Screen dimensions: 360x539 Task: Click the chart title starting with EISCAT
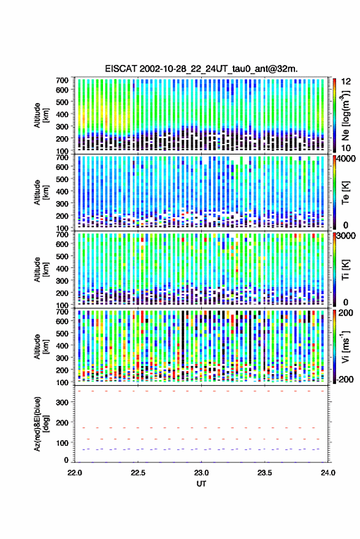(201, 69)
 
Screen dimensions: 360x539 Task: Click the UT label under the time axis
(201, 484)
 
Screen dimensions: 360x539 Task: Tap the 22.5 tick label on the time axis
(138, 473)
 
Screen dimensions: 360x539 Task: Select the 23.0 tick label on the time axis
(201, 473)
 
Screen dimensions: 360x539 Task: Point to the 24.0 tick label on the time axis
(328, 473)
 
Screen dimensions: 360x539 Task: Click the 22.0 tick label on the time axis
(75, 473)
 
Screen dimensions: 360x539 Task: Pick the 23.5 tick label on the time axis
(264, 473)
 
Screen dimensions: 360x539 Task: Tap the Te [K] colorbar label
(346, 193)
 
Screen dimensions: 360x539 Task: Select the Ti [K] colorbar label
(346, 270)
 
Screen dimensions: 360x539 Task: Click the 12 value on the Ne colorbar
(346, 82)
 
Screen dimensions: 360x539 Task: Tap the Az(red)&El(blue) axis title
(41, 424)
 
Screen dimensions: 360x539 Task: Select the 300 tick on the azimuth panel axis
(63, 402)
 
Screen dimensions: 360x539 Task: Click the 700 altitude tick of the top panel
(62, 80)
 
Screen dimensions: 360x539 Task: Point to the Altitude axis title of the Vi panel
(41, 346)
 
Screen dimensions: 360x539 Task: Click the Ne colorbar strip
(334, 115)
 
